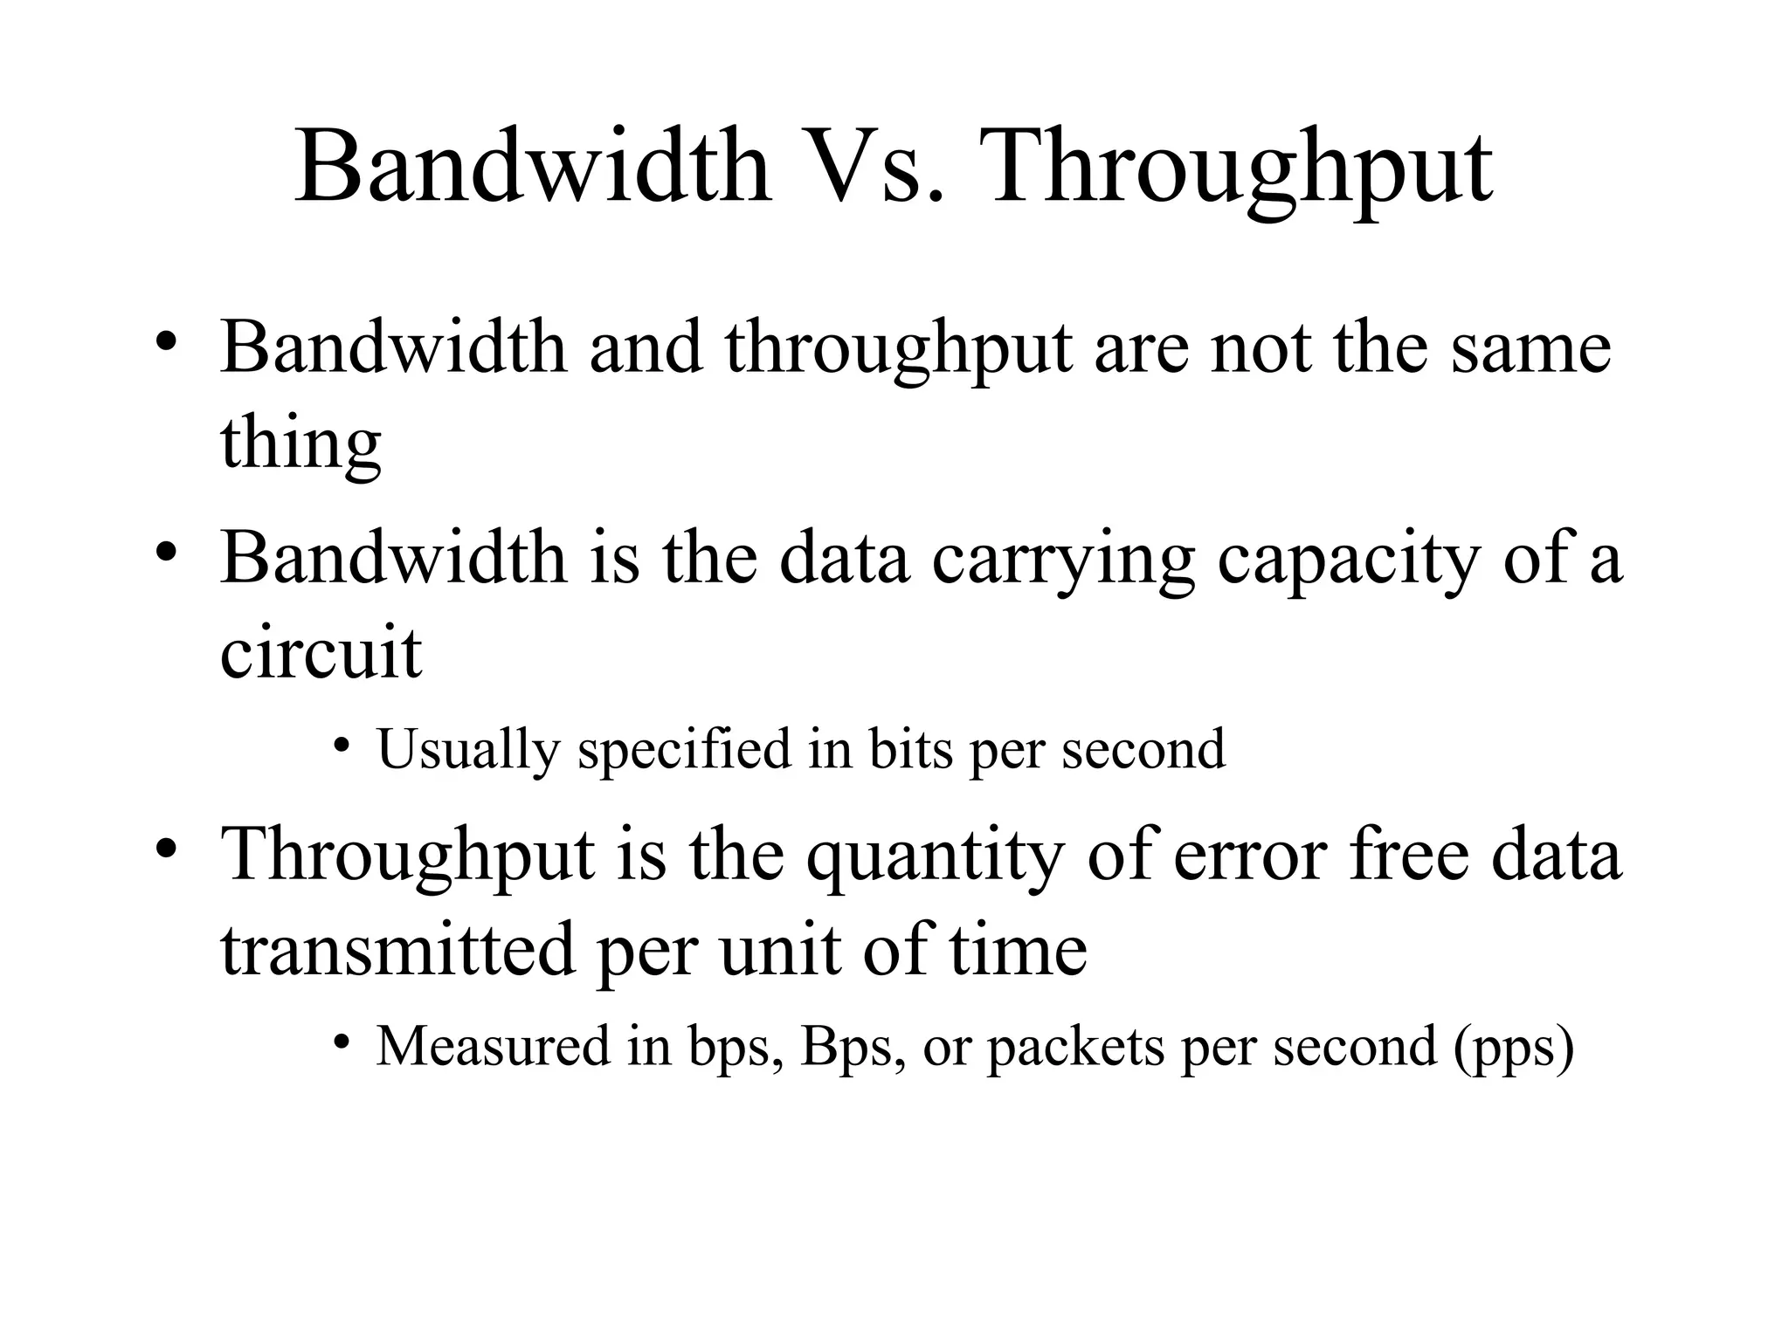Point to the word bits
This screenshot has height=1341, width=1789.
click(x=910, y=749)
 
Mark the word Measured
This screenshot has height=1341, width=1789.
click(x=493, y=1046)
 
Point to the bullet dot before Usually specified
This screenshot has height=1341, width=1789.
click(x=342, y=745)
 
